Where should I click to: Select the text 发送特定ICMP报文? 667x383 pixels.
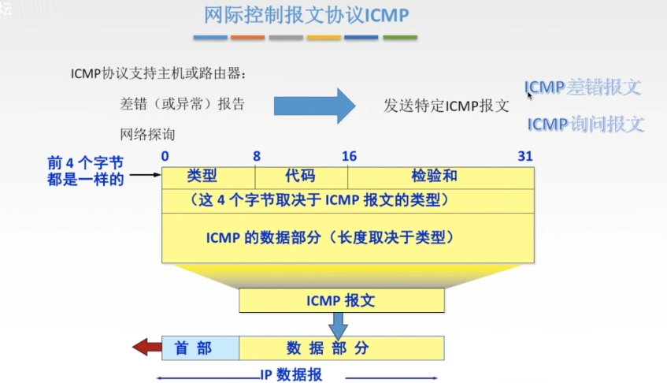447,106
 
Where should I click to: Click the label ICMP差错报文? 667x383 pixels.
583,87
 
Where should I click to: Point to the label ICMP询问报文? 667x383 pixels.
585,125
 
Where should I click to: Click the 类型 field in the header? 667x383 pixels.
208,177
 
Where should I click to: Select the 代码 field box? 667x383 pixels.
301,177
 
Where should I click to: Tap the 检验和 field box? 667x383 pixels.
440,177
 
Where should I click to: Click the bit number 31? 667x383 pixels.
525,156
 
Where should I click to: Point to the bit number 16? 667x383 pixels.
349,156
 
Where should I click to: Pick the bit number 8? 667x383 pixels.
257,156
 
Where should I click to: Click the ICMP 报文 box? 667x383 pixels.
342,299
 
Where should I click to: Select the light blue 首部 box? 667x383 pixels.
200,348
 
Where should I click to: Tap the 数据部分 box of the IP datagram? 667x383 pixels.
341,348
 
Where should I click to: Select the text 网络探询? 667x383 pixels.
148,134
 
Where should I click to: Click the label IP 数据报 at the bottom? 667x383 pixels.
291,375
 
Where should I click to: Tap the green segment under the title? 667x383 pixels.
400,38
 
